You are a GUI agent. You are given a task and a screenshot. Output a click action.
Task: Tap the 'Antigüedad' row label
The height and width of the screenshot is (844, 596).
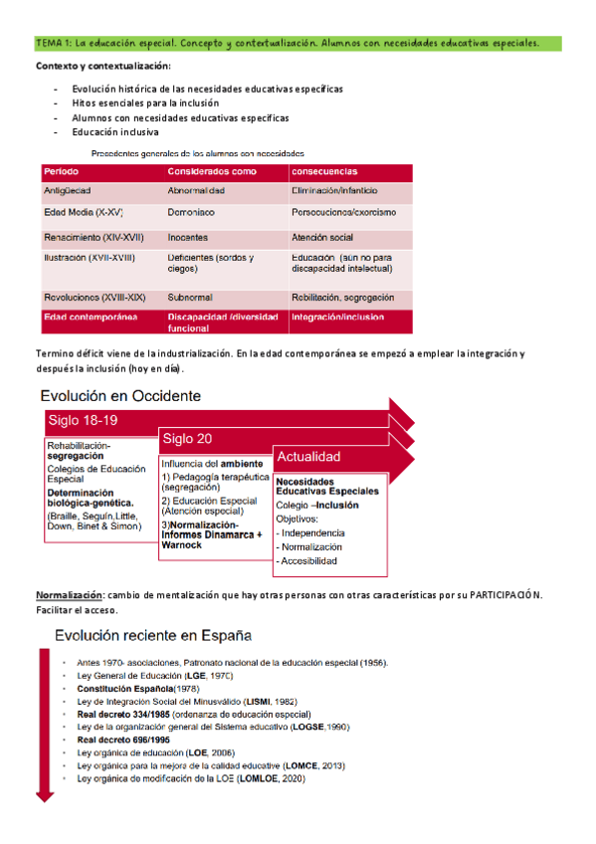click(68, 190)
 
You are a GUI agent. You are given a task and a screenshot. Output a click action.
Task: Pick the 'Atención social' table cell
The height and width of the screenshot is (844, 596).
click(322, 238)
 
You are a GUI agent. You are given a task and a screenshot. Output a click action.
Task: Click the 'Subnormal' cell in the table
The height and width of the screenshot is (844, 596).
click(190, 297)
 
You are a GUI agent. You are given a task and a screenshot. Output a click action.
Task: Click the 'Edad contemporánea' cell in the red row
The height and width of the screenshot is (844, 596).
click(90, 317)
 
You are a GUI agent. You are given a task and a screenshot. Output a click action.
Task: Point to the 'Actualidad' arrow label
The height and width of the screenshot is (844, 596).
click(308, 457)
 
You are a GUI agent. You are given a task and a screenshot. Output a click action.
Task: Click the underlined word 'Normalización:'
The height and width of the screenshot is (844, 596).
click(69, 594)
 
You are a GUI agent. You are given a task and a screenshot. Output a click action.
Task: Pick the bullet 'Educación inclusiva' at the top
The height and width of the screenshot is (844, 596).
click(114, 132)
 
